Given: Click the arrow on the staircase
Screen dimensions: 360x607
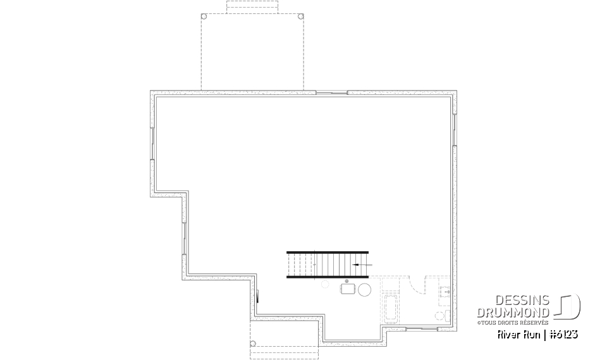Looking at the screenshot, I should click(362, 264).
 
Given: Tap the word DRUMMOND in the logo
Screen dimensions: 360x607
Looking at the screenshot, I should click(513, 313).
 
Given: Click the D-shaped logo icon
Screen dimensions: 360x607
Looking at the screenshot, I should click(568, 306).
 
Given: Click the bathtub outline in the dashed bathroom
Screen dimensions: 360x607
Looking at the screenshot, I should click(390, 309).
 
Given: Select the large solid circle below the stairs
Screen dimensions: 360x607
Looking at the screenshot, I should click(365, 290).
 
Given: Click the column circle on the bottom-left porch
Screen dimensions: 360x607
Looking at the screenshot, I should click(253, 344).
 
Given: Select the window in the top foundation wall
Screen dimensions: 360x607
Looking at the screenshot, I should click(331, 93).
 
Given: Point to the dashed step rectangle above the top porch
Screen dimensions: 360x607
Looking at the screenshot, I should click(251, 6).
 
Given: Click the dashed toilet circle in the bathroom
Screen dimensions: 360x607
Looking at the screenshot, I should click(438, 315).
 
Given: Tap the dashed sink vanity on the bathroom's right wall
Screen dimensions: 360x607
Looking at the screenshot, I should click(445, 292).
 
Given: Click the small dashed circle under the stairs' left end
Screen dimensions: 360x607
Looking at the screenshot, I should click(325, 285).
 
